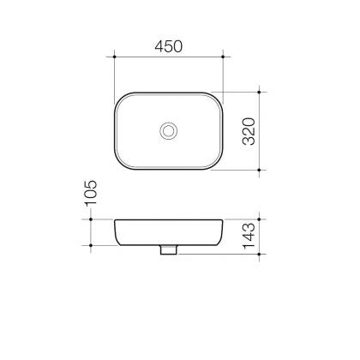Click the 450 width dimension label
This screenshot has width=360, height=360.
tap(169, 47)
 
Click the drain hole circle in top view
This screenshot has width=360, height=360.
tap(169, 130)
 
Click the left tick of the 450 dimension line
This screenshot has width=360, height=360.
tap(115, 58)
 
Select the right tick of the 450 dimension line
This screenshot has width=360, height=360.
tap(223, 58)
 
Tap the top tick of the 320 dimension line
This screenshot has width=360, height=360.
tap(261, 92)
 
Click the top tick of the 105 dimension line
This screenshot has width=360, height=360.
tap(91, 220)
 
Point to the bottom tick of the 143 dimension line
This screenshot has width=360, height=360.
tap(261, 255)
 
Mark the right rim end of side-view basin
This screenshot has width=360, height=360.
tap(222, 222)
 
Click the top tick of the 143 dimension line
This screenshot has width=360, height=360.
tap(261, 220)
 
